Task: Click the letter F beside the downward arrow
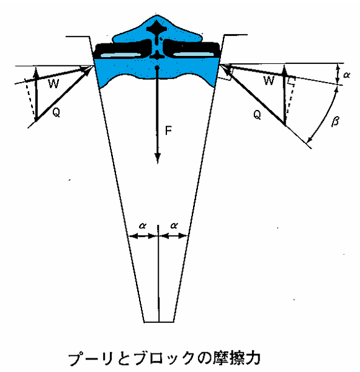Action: [x=168, y=130]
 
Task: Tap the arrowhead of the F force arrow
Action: [x=158, y=158]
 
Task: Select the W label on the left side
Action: [x=53, y=83]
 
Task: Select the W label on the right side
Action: [x=269, y=81]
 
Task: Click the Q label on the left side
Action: [x=56, y=112]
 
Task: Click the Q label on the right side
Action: [x=257, y=115]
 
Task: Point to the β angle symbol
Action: [x=335, y=121]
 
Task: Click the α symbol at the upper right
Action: [x=346, y=75]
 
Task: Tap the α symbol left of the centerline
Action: [x=142, y=225]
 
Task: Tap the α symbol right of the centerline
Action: [x=174, y=225]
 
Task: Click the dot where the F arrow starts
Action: [x=157, y=68]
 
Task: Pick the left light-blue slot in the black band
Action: [x=120, y=55]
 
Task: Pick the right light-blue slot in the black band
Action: [x=193, y=54]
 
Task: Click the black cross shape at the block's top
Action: [x=156, y=28]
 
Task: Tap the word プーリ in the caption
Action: [x=91, y=358]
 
